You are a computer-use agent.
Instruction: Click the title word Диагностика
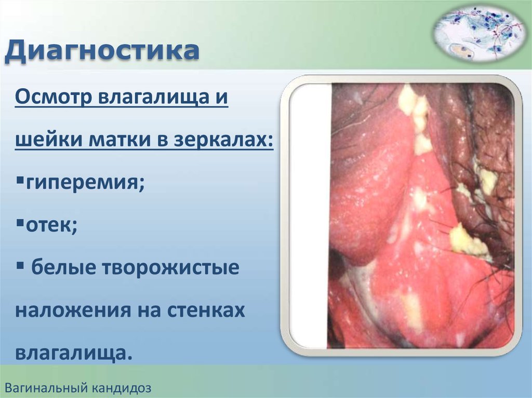(x=102, y=51)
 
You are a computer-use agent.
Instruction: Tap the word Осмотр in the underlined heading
(x=54, y=97)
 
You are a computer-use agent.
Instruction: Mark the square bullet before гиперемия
(x=20, y=179)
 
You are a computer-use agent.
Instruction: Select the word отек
(x=51, y=225)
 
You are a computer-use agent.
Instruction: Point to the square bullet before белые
(x=20, y=265)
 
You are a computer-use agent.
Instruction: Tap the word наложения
(x=73, y=310)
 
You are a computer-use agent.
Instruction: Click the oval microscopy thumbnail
(x=478, y=34)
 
